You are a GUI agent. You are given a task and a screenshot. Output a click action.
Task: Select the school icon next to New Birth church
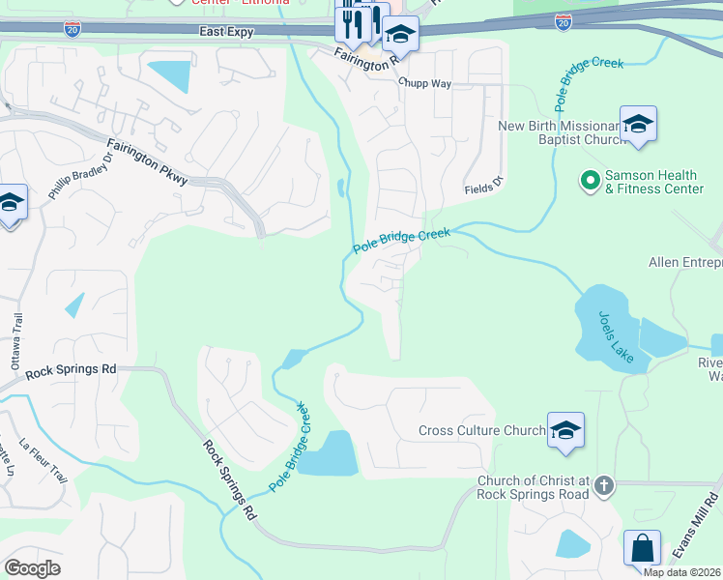click(638, 125)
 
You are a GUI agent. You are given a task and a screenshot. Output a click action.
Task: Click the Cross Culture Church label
click(481, 430)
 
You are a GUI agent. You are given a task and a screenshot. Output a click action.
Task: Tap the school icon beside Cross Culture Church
click(565, 430)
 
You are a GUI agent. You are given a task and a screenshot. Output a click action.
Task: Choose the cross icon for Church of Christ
click(604, 485)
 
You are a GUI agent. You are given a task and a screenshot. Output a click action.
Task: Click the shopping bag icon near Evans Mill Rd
click(642, 548)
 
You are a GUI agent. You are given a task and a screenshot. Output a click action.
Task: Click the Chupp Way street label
click(426, 84)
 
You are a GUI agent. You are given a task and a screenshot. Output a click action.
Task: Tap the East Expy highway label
click(227, 32)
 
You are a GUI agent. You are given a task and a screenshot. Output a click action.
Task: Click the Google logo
click(33, 568)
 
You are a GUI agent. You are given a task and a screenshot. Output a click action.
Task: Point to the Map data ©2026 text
click(682, 572)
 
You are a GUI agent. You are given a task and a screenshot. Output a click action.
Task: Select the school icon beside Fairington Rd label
click(399, 36)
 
